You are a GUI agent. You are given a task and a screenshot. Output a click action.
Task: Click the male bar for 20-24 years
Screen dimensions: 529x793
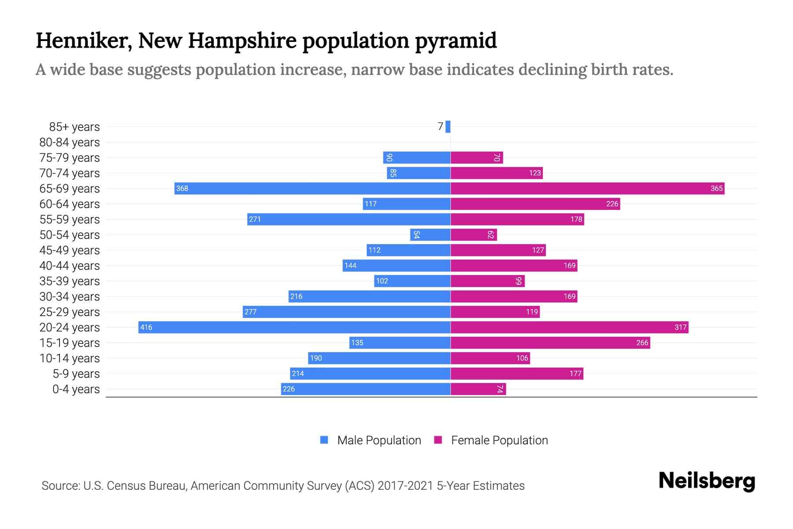(294, 327)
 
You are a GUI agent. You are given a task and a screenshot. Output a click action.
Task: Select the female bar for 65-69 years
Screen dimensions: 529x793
(587, 188)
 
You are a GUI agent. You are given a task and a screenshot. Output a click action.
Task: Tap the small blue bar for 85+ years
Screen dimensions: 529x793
(448, 127)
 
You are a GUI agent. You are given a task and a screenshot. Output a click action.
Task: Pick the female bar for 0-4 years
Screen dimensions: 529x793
(478, 389)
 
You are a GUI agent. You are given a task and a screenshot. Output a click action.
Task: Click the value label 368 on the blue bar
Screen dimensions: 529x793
(182, 189)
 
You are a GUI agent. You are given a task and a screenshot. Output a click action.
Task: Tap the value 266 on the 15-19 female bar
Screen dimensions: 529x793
(642, 343)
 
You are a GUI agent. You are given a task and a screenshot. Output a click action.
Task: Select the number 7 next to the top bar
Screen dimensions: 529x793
(440, 127)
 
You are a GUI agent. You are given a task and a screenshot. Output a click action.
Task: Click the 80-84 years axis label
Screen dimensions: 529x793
(70, 142)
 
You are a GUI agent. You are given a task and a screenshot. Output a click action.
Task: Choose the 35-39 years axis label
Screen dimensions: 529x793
(70, 281)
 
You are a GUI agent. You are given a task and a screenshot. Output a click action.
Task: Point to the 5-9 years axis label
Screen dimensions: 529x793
(76, 374)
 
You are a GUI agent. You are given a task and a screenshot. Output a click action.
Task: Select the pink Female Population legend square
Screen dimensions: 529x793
(438, 440)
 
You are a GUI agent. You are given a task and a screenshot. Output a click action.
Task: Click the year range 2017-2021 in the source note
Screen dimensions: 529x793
(405, 486)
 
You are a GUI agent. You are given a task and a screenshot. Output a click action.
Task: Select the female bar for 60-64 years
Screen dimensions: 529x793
(535, 204)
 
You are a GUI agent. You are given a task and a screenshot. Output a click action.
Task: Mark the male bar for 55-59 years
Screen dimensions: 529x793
(348, 219)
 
